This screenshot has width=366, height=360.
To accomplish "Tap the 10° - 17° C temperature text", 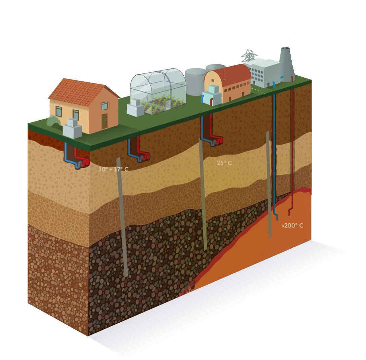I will (113, 169).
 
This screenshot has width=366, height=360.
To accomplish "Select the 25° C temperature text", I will (224, 163).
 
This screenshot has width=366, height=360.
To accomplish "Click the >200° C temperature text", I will (292, 226).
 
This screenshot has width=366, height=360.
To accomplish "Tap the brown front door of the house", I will (104, 121).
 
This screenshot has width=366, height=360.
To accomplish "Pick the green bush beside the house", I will (53, 121).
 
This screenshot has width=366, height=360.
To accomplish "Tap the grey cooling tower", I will (287, 64).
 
